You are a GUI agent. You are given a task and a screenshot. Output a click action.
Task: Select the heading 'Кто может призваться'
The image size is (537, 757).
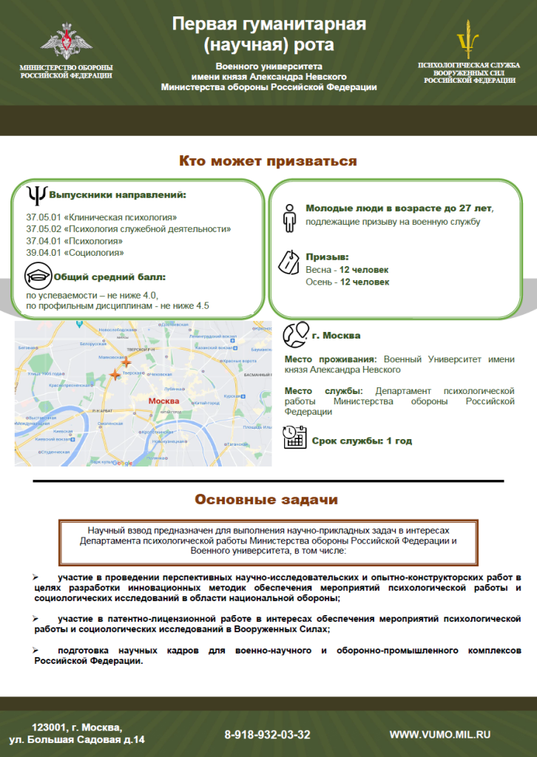tap(268, 161)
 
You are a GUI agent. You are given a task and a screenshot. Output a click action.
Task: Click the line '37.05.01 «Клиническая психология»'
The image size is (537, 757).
tap(101, 218)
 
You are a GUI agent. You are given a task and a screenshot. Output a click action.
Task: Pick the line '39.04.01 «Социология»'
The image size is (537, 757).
tap(75, 253)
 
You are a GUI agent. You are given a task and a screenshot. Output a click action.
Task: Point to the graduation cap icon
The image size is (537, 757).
tap(38, 277)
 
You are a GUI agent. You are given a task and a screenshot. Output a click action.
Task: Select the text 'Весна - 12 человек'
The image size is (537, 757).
tap(347, 270)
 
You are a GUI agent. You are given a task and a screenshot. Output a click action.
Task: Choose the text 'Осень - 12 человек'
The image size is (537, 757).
tap(347, 282)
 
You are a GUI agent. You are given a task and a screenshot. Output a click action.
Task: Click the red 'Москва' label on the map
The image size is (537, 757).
tap(164, 401)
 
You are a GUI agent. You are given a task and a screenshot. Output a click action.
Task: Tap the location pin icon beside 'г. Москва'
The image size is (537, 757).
tap(295, 333)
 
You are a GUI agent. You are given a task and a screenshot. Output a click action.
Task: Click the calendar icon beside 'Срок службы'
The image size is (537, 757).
tap(295, 438)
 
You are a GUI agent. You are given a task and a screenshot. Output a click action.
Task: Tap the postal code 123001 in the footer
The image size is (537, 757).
tap(53, 727)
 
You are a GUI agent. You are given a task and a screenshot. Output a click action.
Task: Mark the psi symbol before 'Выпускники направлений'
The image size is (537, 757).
tap(36, 194)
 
